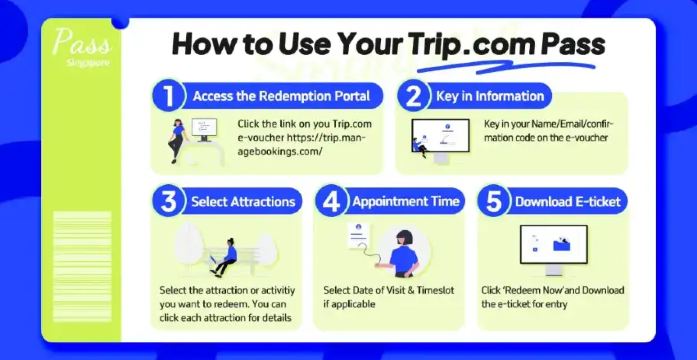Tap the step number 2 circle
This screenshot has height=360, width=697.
[x=411, y=96]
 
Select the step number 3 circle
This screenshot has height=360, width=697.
[x=167, y=201]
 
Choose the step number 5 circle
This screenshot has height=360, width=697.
[x=493, y=201]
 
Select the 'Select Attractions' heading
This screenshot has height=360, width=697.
[x=243, y=201]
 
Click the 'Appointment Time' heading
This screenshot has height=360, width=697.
[x=405, y=201]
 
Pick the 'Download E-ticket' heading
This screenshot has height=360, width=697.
[x=569, y=201]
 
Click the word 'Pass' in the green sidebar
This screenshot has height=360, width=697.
[x=83, y=43]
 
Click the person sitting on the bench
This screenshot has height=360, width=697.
[x=226, y=256]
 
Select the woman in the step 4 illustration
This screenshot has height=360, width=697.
[x=404, y=251]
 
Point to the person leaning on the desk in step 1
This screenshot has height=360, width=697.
[x=178, y=140]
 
